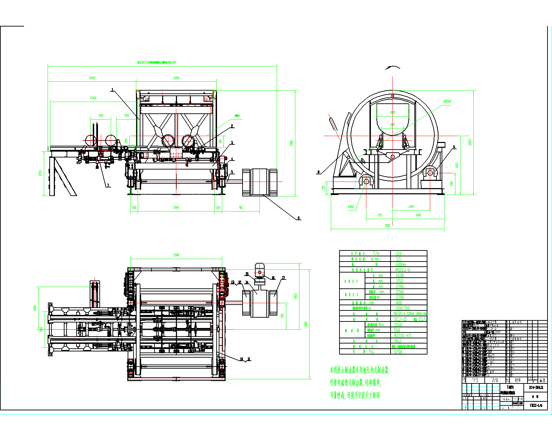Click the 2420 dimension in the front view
point(92,78)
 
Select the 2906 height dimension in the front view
point(292,143)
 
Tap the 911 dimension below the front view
point(240,207)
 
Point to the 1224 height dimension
point(40,174)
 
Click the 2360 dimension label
point(93,98)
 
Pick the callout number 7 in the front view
point(108,185)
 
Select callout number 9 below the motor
point(299,218)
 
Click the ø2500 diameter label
point(447,102)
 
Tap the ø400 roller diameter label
point(351,207)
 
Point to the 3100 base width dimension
point(387,225)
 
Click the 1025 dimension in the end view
point(411,207)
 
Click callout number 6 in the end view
point(454,147)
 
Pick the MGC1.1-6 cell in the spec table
point(403,270)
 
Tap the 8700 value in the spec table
point(398,352)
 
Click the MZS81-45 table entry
point(402,336)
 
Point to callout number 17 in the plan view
point(284,278)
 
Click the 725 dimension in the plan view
point(283,316)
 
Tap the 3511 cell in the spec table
point(399,281)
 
